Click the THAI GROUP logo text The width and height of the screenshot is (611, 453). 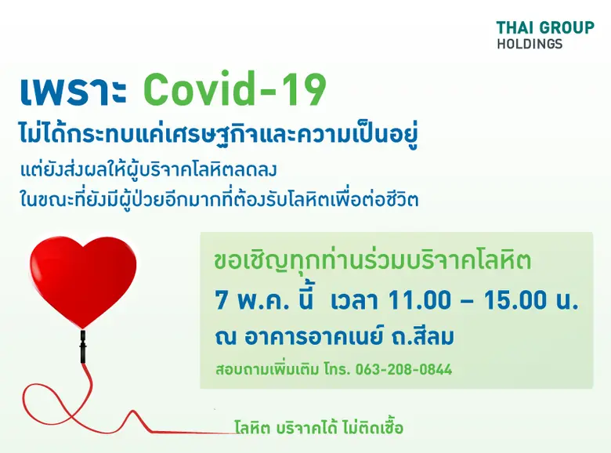tap(544, 27)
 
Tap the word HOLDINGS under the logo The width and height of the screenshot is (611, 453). tap(529, 44)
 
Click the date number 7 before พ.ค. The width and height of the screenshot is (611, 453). tap(222, 299)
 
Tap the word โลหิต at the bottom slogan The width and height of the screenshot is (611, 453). tap(252, 428)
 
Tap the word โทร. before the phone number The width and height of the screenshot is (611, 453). tap(336, 368)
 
